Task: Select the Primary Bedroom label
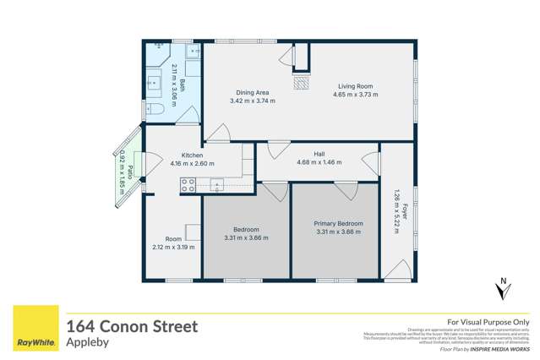point(339,223)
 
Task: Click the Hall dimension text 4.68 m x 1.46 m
point(319,162)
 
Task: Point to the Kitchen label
point(193,155)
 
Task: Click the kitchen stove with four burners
point(188,186)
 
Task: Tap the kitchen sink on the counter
point(217,184)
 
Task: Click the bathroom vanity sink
point(155,82)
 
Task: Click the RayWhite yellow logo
point(35,330)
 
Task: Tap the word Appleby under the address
point(85,343)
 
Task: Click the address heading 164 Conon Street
point(132,326)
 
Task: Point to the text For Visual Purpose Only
point(488,322)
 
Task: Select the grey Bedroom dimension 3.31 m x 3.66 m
point(246,237)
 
